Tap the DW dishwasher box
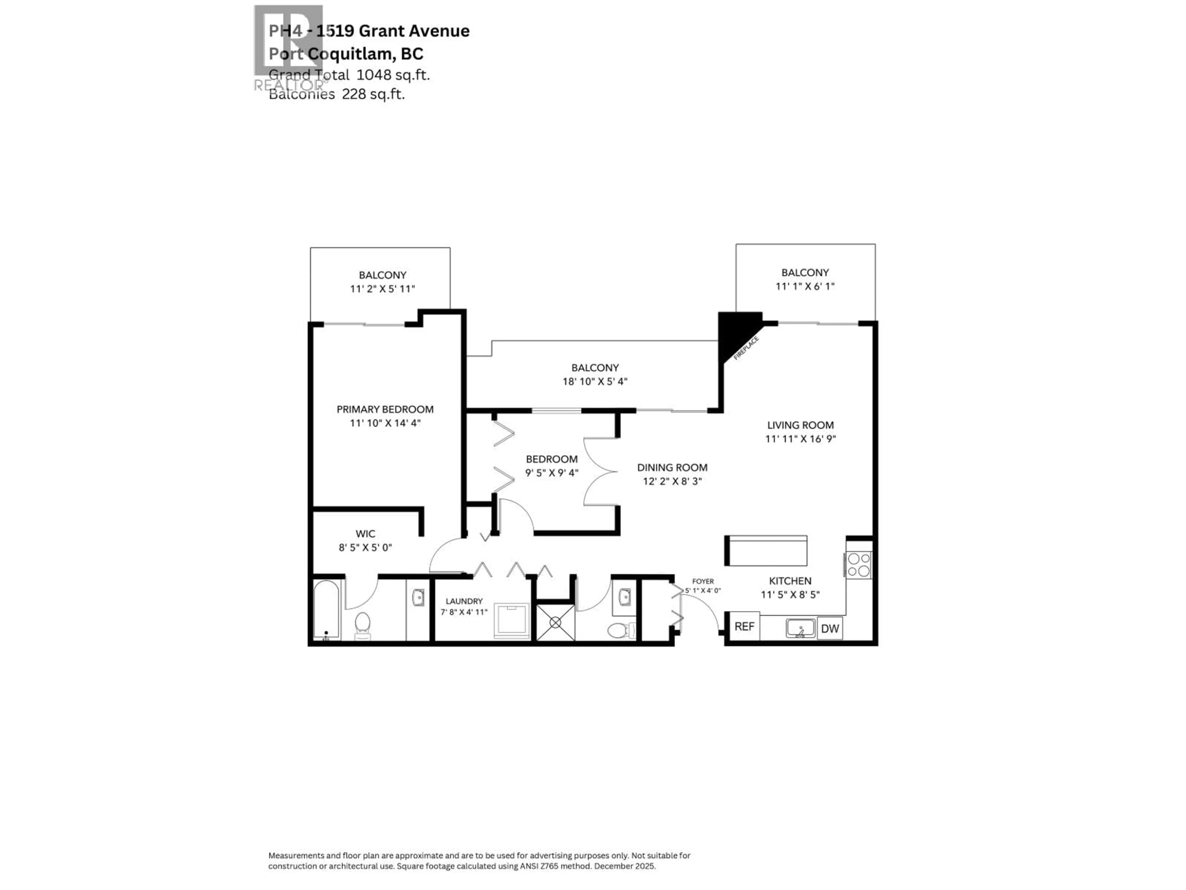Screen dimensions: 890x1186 pos(830,628)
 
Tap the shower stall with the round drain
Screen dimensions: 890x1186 pos(555,622)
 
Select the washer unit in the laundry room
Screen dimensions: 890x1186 pos(511,621)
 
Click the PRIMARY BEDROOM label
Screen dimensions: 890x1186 pos(385,409)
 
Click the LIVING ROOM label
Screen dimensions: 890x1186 pos(800,425)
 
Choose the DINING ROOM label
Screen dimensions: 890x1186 pos(672,467)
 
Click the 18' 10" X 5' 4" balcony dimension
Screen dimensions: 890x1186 pos(595,381)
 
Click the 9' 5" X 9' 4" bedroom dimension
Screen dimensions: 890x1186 pos(551,473)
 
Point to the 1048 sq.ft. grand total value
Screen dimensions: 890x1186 pos(393,75)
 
